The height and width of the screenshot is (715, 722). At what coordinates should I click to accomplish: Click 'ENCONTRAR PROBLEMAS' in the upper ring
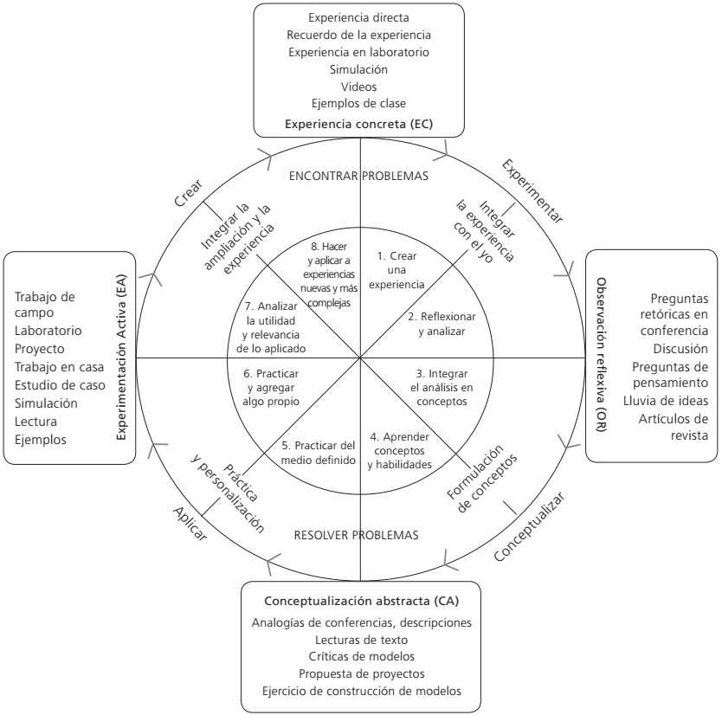click(360, 176)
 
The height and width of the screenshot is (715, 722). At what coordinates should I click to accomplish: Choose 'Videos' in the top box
click(359, 86)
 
